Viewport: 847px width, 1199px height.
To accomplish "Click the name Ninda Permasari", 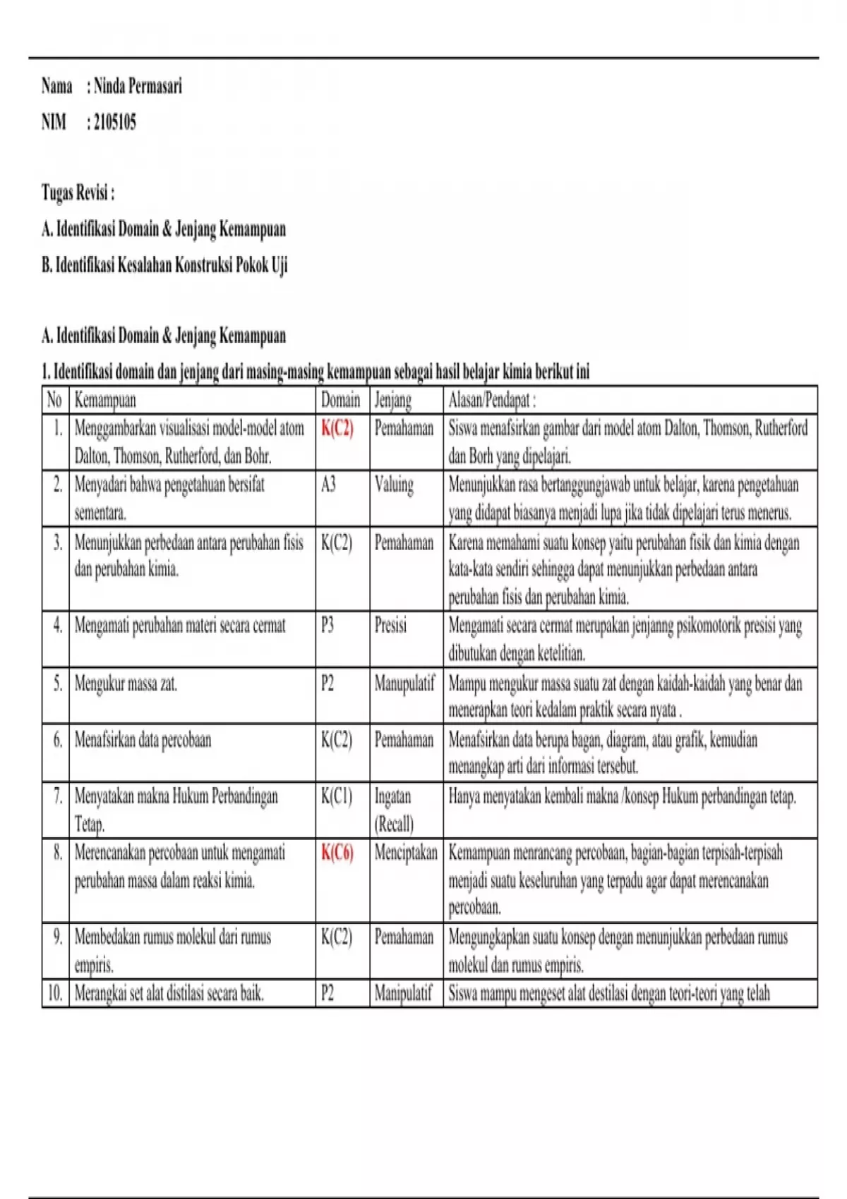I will [138, 87].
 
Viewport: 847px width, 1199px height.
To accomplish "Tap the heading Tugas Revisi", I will [78, 193].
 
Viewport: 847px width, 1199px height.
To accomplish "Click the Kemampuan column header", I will [105, 401].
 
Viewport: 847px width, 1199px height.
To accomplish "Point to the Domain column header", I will [340, 401].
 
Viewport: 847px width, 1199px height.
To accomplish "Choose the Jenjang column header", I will [392, 401].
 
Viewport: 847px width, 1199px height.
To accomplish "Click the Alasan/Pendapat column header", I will [492, 401].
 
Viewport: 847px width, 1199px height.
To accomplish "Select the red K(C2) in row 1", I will [337, 428].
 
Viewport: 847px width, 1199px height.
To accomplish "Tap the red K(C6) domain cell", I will [337, 853].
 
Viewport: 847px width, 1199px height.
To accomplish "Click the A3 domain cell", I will [328, 485].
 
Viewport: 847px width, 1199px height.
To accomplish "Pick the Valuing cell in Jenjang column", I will [394, 485].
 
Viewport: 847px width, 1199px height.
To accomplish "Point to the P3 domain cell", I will [328, 626].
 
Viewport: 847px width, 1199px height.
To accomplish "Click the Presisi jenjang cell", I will [390, 626].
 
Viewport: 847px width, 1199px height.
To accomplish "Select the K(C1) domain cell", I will [336, 796].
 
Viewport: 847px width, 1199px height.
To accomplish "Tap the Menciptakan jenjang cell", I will [406, 853].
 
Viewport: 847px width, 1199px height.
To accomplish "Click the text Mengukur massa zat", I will [126, 683].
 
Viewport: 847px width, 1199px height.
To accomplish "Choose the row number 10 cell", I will [55, 994].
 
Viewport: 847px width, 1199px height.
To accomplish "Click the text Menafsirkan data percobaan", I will [143, 740].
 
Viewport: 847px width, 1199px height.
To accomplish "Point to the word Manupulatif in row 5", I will [404, 683].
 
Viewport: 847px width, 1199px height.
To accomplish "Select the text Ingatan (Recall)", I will [394, 810].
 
